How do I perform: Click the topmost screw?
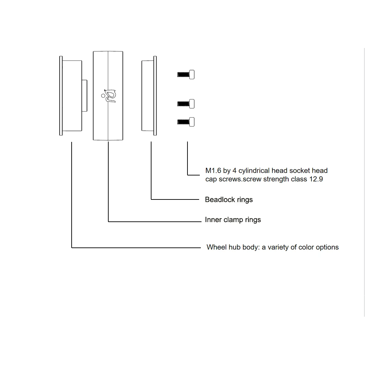[x=186, y=74]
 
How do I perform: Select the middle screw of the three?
[x=186, y=104]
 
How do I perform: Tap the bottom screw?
[x=186, y=122]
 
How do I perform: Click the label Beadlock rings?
[x=229, y=199]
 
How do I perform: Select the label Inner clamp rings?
[x=233, y=220]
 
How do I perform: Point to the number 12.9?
[x=316, y=179]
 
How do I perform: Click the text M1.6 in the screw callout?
[x=213, y=171]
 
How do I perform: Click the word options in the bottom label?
[x=327, y=247]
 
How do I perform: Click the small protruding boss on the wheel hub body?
[x=84, y=96]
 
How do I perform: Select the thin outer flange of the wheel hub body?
[x=61, y=96]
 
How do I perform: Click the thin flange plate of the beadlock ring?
[x=155, y=96]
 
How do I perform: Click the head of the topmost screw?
[x=192, y=74]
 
